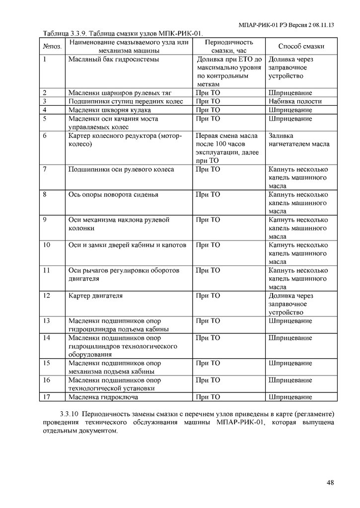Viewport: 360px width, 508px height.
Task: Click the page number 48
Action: coord(331,482)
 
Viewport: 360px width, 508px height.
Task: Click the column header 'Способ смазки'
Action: coord(301,46)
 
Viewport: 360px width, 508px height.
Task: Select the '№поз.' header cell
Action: coord(53,46)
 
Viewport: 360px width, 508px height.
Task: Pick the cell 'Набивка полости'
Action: coord(295,101)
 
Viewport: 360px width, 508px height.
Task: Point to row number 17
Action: coord(47,397)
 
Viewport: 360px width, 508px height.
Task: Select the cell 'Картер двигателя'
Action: coord(95,296)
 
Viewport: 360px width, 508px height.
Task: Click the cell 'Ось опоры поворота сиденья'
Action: coord(113,194)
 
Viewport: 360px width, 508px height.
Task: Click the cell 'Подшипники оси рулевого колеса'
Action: coord(121,169)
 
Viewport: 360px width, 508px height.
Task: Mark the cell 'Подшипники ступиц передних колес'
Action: coord(126,101)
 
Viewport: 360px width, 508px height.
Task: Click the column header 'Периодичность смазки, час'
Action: coord(228,46)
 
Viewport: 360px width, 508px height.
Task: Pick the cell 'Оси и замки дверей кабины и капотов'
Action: coord(127,245)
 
